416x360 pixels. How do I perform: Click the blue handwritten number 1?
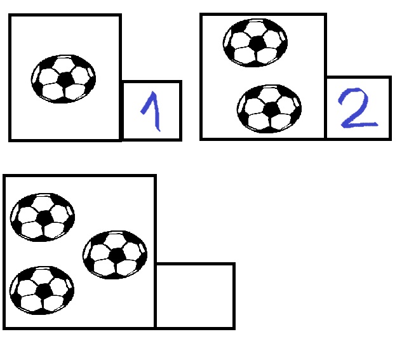click(x=152, y=112)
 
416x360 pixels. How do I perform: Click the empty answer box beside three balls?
click(x=195, y=295)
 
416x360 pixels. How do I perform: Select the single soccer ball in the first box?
click(x=64, y=79)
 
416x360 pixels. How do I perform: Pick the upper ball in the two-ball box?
click(x=255, y=42)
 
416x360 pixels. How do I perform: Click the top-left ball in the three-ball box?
click(x=43, y=217)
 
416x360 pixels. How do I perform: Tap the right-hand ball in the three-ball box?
click(x=115, y=254)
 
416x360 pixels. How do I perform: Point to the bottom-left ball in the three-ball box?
click(x=42, y=290)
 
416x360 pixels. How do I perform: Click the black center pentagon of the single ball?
click(x=65, y=79)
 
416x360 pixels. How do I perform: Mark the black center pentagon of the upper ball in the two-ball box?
click(x=257, y=43)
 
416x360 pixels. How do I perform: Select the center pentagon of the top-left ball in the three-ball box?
click(x=44, y=217)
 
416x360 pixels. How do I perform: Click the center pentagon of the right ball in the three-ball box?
click(x=117, y=255)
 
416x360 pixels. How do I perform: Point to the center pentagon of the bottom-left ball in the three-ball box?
click(x=43, y=291)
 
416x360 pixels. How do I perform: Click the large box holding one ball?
click(x=65, y=121)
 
